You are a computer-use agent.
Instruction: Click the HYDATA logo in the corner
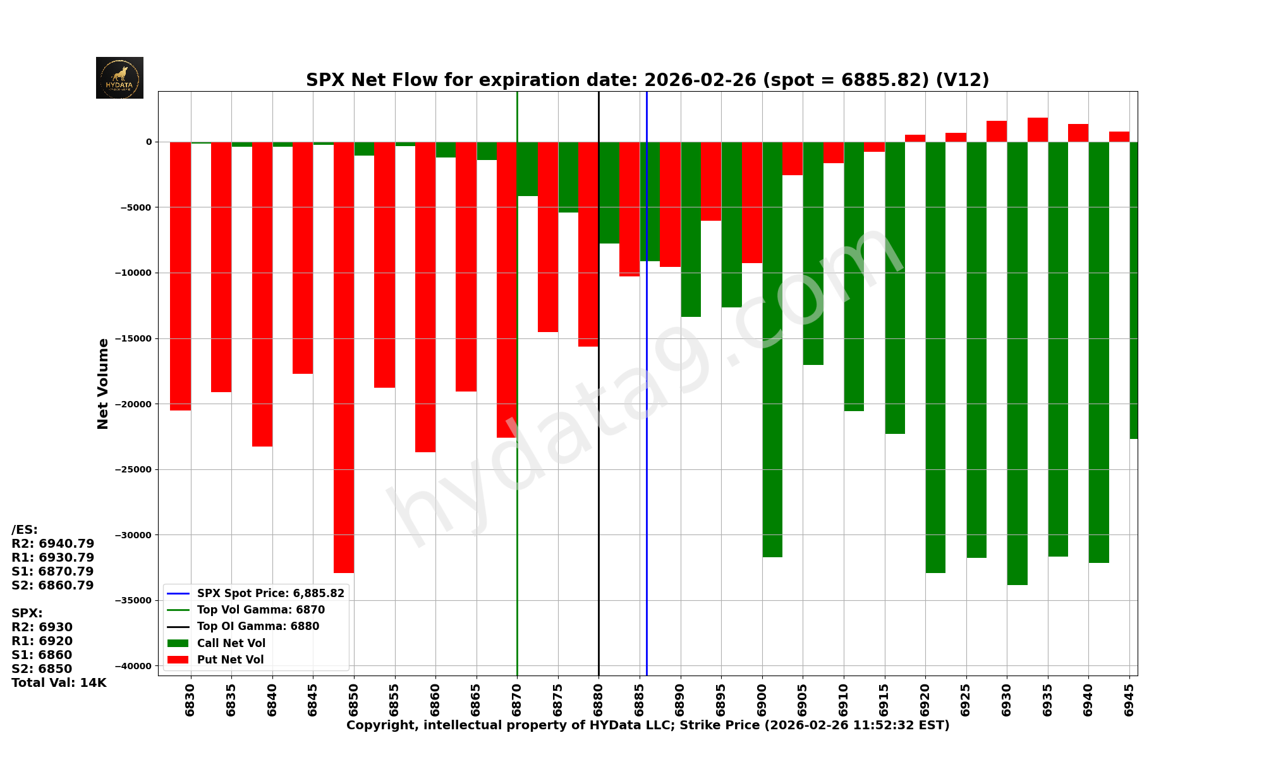coord(119,78)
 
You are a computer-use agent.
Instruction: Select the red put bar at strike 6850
coord(344,357)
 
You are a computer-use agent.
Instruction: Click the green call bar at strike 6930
coord(1017,364)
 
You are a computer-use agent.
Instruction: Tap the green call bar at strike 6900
coord(772,349)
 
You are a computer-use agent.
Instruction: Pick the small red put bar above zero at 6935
coord(1037,130)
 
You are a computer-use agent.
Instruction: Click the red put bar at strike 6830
coord(180,276)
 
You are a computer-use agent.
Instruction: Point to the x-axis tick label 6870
coord(517,700)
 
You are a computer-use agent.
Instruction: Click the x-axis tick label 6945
coord(1129,700)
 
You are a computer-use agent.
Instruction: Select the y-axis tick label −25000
coord(133,469)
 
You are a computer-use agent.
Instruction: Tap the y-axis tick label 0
coord(149,142)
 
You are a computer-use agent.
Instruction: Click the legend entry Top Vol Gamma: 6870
coord(260,610)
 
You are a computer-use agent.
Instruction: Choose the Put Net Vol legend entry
coord(230,660)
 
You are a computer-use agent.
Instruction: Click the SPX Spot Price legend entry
coord(270,593)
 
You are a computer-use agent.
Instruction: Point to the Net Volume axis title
coord(103,383)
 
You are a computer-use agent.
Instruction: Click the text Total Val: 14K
coord(59,682)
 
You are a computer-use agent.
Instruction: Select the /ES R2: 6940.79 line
coord(53,544)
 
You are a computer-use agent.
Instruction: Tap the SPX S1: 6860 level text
coord(42,655)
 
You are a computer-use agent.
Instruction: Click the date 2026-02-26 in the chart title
coord(700,80)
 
